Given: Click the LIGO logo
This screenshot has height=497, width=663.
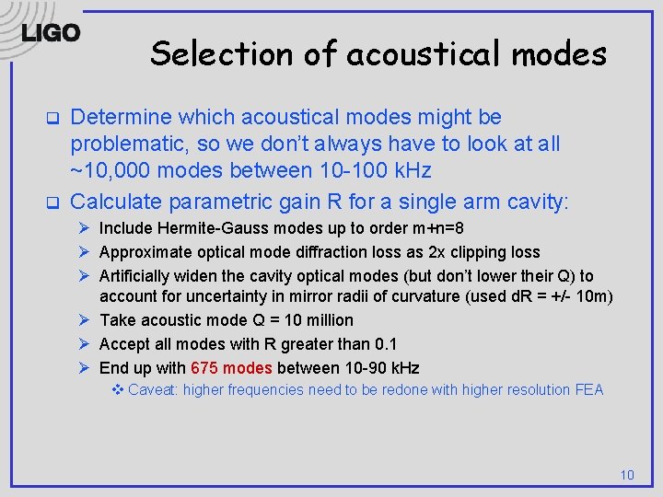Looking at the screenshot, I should click(51, 33).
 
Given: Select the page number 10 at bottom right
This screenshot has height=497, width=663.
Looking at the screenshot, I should click(627, 475).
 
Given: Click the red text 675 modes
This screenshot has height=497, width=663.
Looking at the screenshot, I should click(231, 368).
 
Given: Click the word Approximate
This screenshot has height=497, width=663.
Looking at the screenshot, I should click(143, 252).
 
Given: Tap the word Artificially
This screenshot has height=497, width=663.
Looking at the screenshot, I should click(137, 276).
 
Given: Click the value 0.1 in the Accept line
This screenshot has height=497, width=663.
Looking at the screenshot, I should click(385, 344).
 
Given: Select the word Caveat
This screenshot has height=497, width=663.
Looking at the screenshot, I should click(153, 390).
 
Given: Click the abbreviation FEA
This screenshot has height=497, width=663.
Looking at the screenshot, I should click(587, 390).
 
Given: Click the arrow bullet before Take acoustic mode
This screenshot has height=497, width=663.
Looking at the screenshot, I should click(83, 320).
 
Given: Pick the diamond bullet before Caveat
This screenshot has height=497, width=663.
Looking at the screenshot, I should click(116, 390).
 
